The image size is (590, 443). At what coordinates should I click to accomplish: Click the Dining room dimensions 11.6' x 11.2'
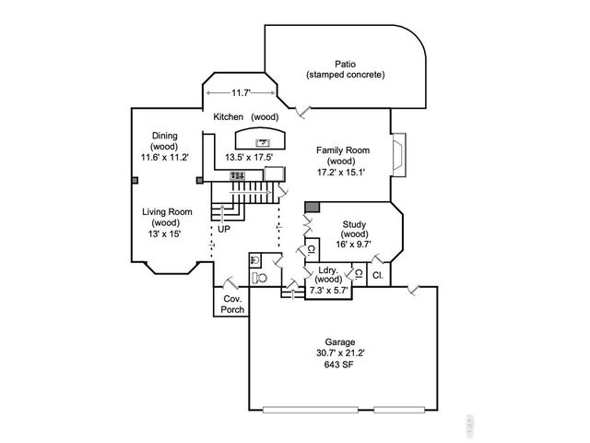click(164, 158)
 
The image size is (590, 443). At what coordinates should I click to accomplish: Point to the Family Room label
click(342, 150)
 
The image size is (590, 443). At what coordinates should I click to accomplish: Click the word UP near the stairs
click(224, 228)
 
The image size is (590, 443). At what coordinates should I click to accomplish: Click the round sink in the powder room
click(254, 260)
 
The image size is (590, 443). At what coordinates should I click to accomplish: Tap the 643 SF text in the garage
click(340, 365)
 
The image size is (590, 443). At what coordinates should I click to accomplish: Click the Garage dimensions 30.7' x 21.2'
click(340, 353)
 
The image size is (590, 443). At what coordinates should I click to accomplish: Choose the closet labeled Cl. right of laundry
click(378, 276)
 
